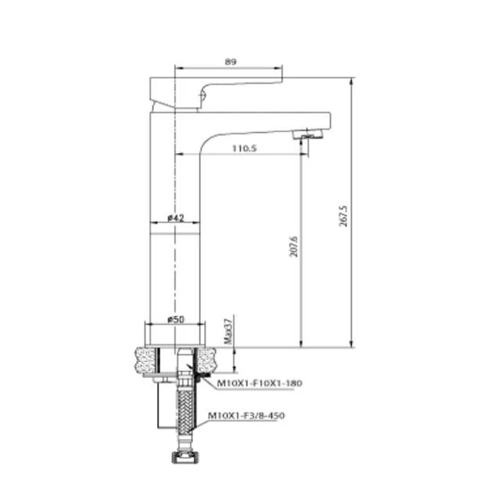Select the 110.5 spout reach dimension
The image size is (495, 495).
(x=242, y=147)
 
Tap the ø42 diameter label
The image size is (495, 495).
(x=176, y=217)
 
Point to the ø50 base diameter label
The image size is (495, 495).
(x=176, y=319)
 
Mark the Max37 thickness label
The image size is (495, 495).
(x=227, y=331)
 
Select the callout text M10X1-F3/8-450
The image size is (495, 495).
(x=251, y=415)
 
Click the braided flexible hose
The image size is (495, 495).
(x=184, y=418)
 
